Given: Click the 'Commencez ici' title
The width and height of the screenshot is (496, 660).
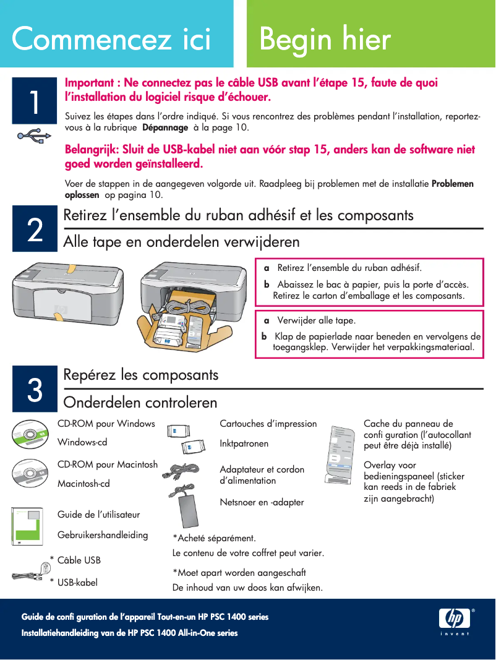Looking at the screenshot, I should (111, 39).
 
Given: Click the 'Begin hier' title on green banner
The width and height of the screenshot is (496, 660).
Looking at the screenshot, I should (325, 39).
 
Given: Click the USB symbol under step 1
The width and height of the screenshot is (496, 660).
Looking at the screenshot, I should (30, 136).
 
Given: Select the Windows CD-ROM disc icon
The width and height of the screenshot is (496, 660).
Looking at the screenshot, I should (28, 433).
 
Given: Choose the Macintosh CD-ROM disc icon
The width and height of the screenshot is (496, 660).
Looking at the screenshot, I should (28, 473).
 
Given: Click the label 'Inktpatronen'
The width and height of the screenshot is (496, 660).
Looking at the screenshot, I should (244, 444).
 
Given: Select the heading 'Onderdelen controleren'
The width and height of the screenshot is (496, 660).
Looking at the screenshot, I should (140, 403).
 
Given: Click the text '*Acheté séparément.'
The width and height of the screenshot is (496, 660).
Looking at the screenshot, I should (214, 538).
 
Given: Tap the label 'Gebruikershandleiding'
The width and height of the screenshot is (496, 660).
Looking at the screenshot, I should (103, 535).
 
